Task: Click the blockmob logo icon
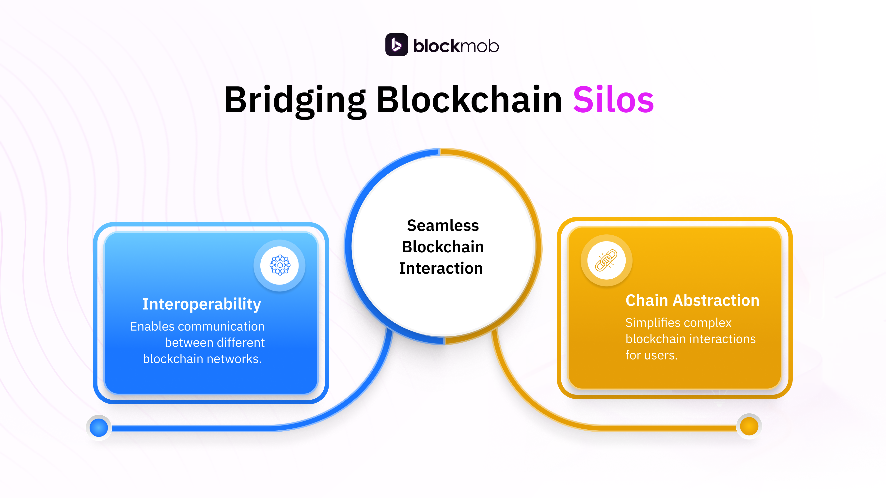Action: tap(396, 45)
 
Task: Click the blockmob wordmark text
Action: tap(456, 46)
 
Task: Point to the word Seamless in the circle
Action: tap(443, 226)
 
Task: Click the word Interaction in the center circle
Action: tap(441, 268)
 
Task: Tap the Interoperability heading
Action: tap(202, 304)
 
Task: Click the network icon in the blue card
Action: tap(280, 265)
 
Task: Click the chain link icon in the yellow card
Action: tap(606, 260)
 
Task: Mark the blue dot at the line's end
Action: tap(99, 428)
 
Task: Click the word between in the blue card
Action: tap(186, 343)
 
